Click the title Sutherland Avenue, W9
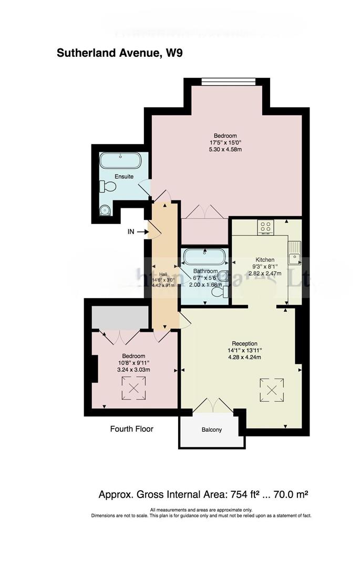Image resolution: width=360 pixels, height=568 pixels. (x=119, y=53)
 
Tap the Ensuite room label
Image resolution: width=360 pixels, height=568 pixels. (x=124, y=177)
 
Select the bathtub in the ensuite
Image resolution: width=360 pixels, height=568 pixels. (x=120, y=160)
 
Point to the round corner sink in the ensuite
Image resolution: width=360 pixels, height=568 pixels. (x=105, y=211)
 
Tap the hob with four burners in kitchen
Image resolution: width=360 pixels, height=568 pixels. (x=265, y=227)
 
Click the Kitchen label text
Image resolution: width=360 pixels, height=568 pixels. (x=265, y=260)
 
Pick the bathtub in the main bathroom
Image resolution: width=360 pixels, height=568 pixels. (x=204, y=258)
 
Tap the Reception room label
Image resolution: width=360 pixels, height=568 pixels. (x=243, y=343)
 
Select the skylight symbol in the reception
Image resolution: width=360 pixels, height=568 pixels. (x=272, y=390)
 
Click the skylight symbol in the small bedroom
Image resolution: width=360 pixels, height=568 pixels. (x=133, y=390)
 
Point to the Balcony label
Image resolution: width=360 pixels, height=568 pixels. (x=212, y=430)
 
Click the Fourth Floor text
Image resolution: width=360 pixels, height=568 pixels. (x=131, y=429)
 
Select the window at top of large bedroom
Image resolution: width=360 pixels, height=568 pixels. (x=228, y=81)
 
